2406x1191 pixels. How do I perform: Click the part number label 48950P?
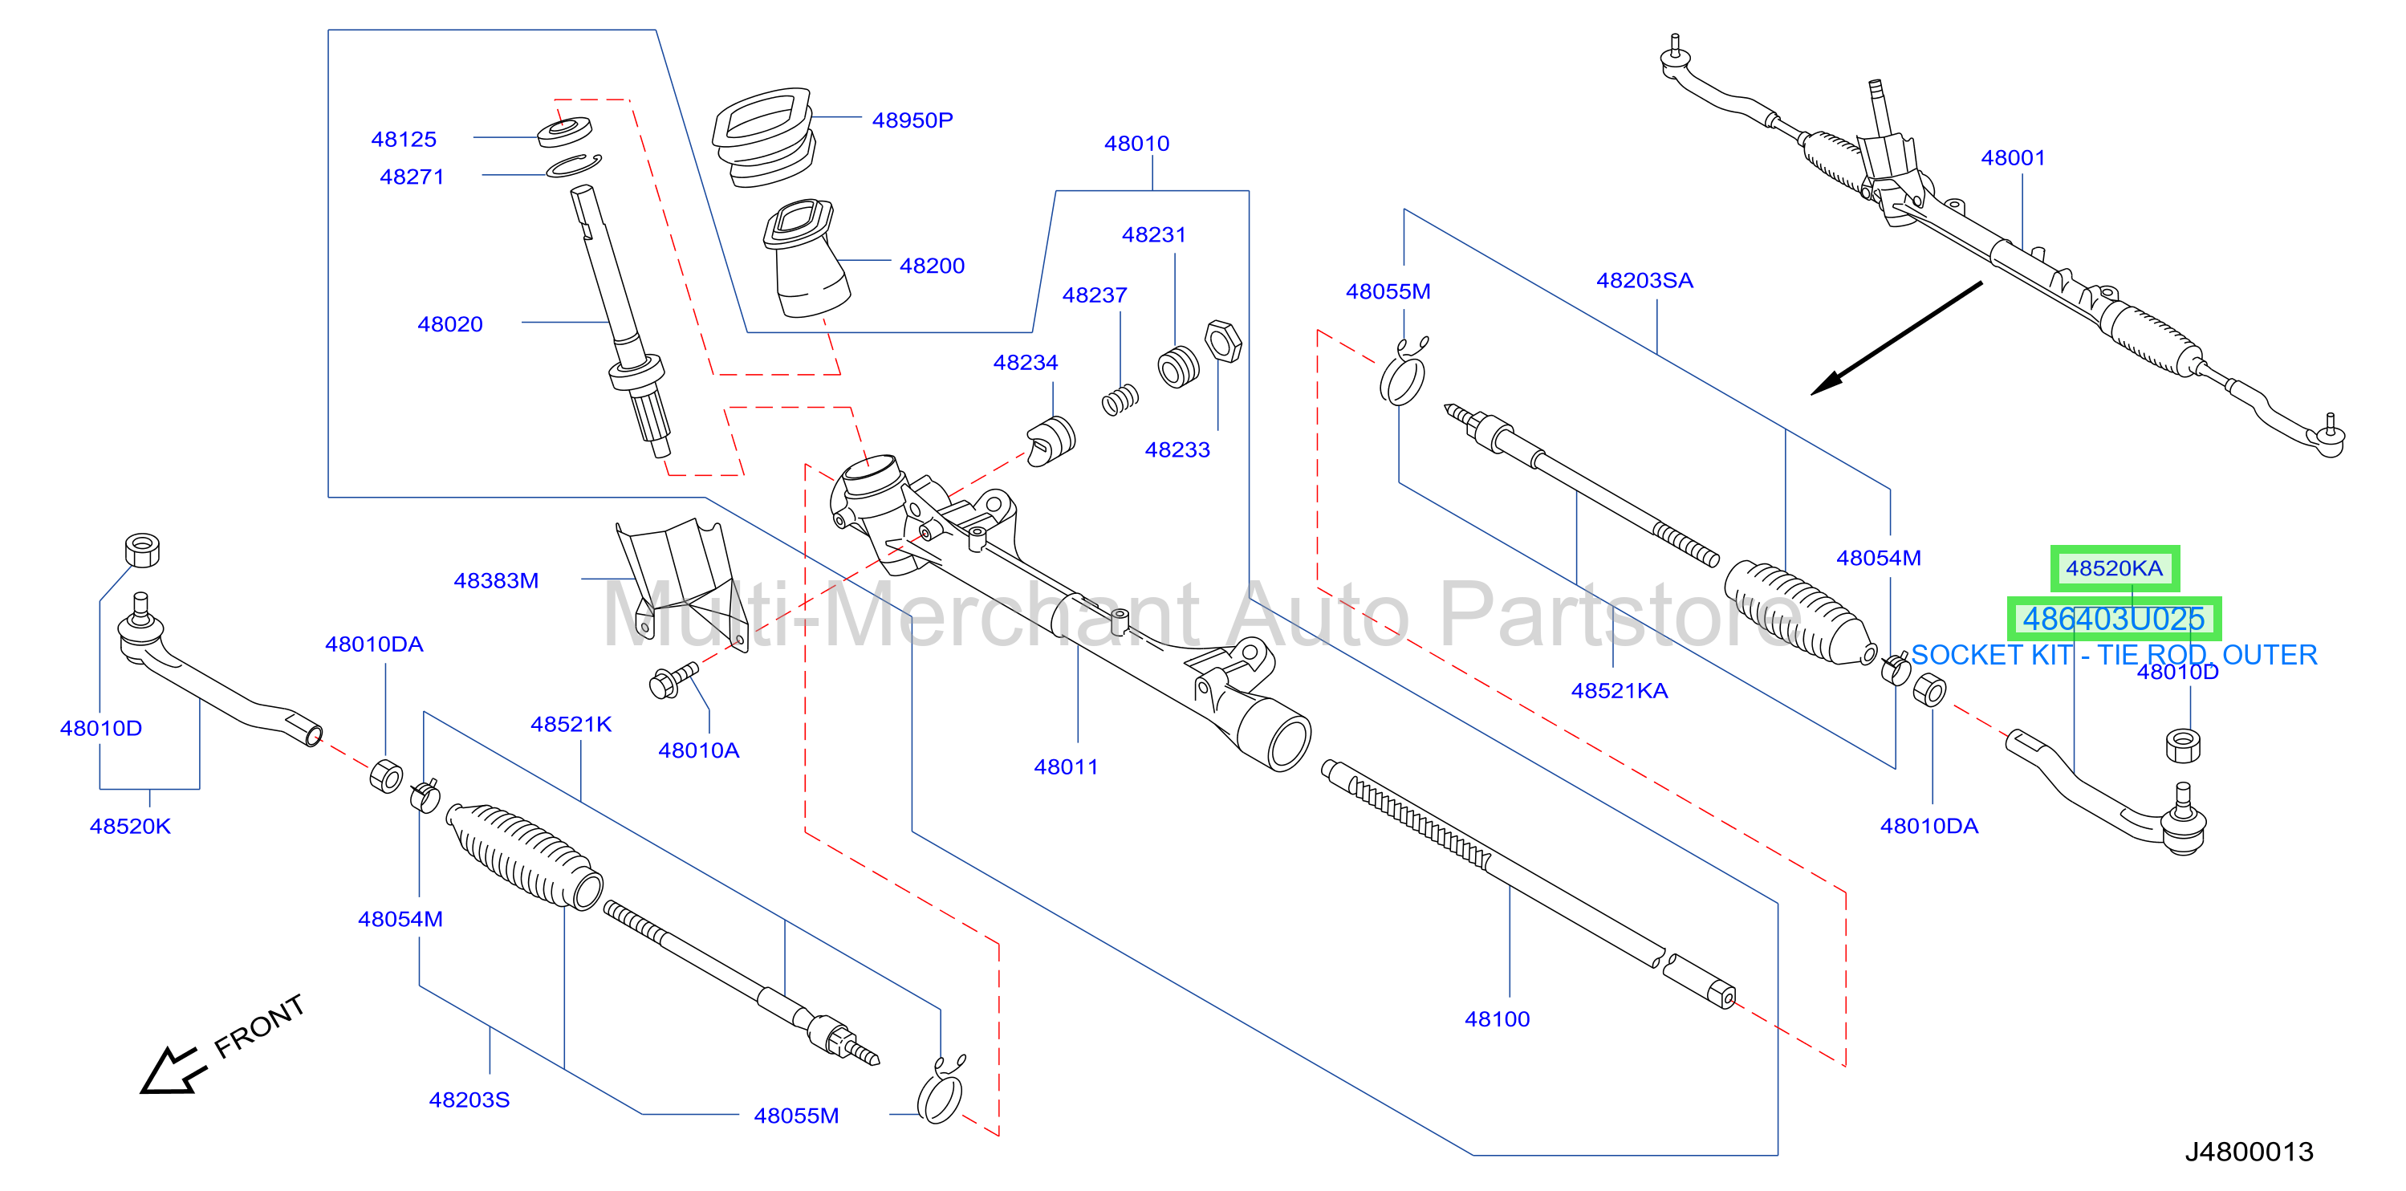(x=912, y=120)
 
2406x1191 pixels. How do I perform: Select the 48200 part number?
(x=931, y=266)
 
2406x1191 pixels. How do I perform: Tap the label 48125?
(x=404, y=139)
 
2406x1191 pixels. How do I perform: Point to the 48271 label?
(x=412, y=177)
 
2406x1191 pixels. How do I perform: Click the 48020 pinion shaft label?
(x=450, y=324)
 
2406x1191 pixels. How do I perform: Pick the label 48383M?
(x=496, y=581)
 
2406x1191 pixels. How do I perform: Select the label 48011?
(x=1066, y=767)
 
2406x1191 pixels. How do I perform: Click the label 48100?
(x=1498, y=1019)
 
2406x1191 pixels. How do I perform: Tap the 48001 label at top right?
(x=2013, y=158)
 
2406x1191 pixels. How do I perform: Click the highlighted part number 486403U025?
(x=2114, y=620)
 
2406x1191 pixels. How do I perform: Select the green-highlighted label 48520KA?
(x=2115, y=568)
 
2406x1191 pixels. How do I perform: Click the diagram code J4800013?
(x=2249, y=1152)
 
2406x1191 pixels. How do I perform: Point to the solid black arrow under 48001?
(x=1896, y=339)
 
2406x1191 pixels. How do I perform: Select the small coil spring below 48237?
(x=1120, y=400)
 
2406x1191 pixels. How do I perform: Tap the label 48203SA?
(x=1644, y=280)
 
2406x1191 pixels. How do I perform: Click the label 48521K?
(x=571, y=724)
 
